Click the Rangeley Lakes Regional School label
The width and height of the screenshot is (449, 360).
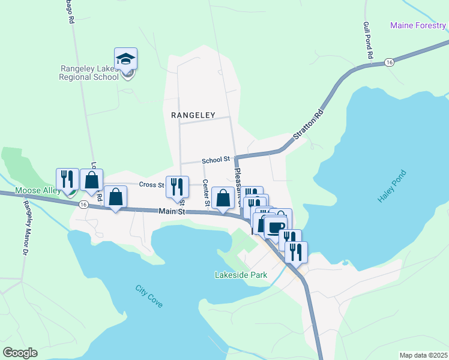[89, 73]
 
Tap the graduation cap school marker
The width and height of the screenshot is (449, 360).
[126, 59]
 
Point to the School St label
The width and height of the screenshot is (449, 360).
[216, 160]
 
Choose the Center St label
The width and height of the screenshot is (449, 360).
[205, 193]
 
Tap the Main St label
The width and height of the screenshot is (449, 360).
[173, 212]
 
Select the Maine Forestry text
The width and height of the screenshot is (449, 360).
[418, 25]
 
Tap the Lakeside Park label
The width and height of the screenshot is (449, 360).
[241, 275]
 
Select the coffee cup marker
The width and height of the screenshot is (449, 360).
[276, 227]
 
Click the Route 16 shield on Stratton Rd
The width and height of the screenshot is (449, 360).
[390, 62]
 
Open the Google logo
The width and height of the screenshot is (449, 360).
[20, 353]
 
